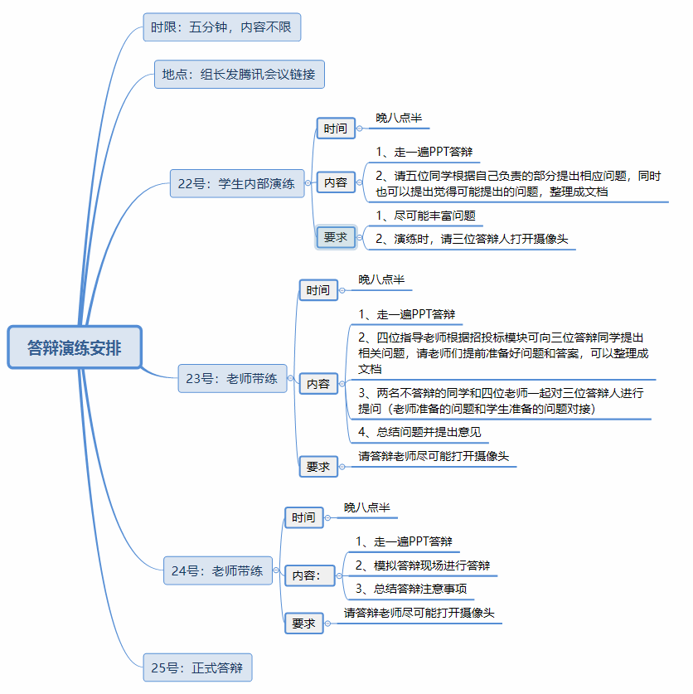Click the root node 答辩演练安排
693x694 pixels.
[x=75, y=348]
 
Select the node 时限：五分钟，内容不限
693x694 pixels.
[x=220, y=27]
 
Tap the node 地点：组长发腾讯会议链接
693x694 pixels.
[x=239, y=75]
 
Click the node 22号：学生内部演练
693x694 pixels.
[x=236, y=184]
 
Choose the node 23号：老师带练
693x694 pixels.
[x=231, y=379]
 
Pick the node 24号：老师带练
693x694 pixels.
[x=217, y=570]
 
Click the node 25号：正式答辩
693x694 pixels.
[x=197, y=667]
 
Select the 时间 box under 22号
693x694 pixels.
[x=336, y=129]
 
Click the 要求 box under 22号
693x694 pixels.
[x=336, y=237]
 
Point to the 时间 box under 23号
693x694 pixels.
[x=318, y=290]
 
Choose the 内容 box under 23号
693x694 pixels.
[x=318, y=384]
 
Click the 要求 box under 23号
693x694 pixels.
[x=318, y=467]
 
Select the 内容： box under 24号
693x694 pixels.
[x=306, y=575]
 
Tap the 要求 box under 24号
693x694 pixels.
[x=304, y=624]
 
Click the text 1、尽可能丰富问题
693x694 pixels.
[x=425, y=216]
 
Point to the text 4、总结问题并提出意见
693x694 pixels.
[x=419, y=432]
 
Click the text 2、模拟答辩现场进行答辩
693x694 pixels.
[x=422, y=565]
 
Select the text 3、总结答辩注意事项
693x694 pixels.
[x=410, y=590]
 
